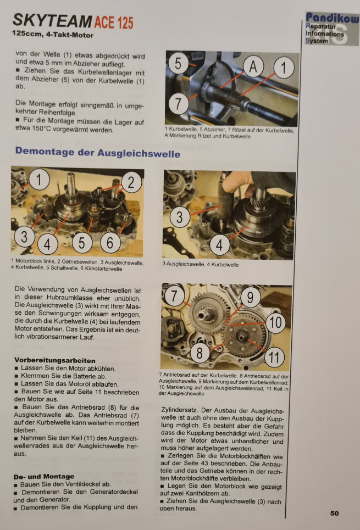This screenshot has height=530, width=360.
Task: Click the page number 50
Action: pyautogui.click(x=334, y=513)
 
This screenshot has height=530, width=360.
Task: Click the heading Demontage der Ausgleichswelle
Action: pyautogui.click(x=98, y=152)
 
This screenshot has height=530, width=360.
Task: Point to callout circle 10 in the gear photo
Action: pyautogui.click(x=275, y=322)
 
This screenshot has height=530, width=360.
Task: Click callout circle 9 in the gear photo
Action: pyautogui.click(x=250, y=297)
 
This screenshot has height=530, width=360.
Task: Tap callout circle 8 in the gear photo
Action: pyautogui.click(x=200, y=353)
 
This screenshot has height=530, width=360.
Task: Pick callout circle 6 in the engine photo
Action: pyautogui.click(x=110, y=242)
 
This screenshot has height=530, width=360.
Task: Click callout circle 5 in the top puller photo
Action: pyautogui.click(x=178, y=63)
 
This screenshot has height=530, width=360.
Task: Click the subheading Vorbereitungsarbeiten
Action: pyautogui.click(x=55, y=360)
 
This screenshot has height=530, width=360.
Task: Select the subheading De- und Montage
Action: pyautogui.click(x=44, y=477)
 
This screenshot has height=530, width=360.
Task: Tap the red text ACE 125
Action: pyautogui.click(x=114, y=23)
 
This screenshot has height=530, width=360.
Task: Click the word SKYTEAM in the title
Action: pyautogui.click(x=52, y=21)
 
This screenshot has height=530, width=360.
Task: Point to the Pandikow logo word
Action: pyautogui.click(x=333, y=18)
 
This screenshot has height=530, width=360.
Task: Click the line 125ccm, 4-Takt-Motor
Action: pyautogui.click(x=52, y=35)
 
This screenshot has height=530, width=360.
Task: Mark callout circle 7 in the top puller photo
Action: pyautogui.click(x=178, y=104)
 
